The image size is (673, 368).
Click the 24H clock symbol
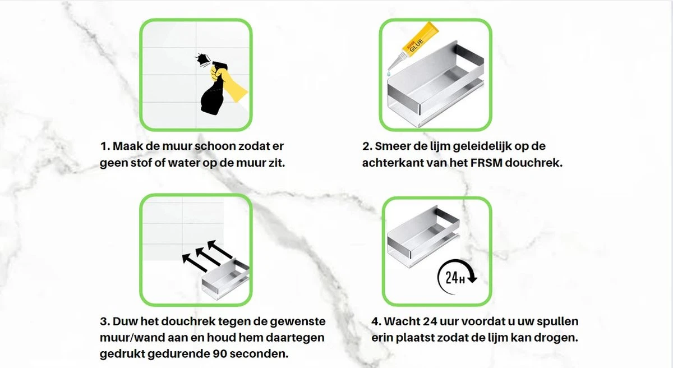[456, 277]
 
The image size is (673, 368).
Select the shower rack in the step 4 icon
[423, 236]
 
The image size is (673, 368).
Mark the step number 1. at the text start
[105, 146]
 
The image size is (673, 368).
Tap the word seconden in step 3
[261, 354]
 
